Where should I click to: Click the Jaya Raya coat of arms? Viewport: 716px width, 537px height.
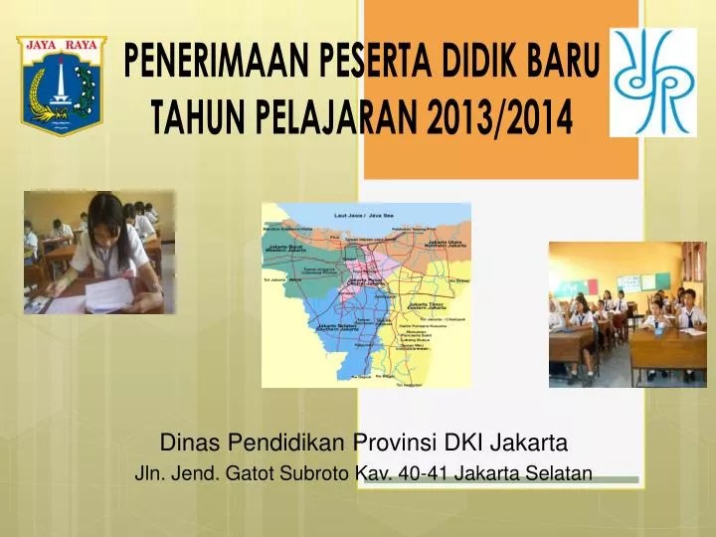pyautogui.click(x=61, y=85)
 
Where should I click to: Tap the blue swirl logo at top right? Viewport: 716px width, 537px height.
pyautogui.click(x=652, y=82)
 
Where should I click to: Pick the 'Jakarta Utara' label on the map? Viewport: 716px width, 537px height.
pyautogui.click(x=444, y=245)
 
